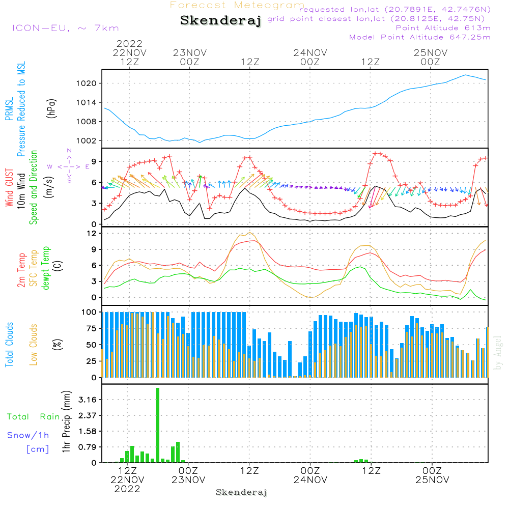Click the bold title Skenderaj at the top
coord(220,21)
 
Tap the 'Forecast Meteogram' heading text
coord(237,6)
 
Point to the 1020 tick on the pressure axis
coord(93,83)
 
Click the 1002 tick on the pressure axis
coord(93,141)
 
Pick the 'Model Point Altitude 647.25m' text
coord(419,37)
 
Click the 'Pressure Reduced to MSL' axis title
coord(21,109)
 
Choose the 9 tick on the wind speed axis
coord(94,161)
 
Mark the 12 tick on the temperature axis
coord(93,234)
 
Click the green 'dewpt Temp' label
coord(46,268)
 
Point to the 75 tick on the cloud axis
coord(91,329)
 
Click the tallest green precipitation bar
coord(158,425)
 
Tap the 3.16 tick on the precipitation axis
coord(89,400)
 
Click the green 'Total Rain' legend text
coord(33,417)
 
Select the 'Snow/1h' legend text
coord(28,435)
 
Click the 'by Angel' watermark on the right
coord(498,353)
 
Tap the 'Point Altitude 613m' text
coord(443,27)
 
